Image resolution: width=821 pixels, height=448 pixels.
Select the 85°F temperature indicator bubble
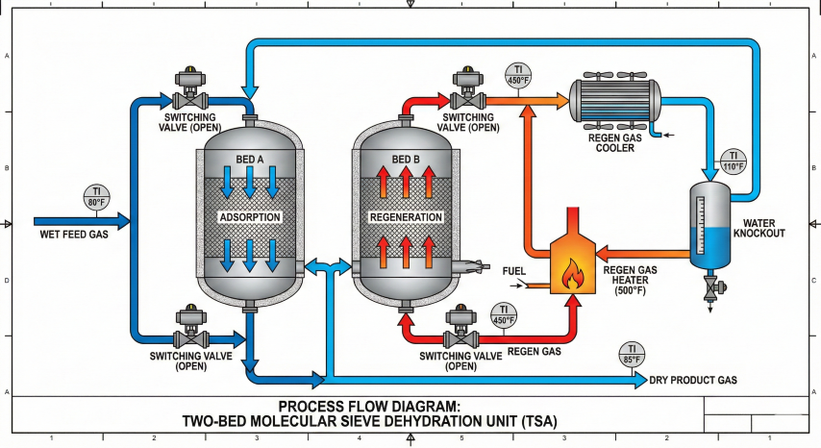(631, 355)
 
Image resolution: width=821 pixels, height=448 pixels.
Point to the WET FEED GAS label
(74, 235)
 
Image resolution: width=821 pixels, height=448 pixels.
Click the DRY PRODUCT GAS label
(693, 381)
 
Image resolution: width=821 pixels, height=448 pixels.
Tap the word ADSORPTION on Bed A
(249, 217)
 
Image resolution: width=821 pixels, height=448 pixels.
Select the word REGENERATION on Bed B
(406, 217)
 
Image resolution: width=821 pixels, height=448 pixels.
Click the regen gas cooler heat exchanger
(615, 100)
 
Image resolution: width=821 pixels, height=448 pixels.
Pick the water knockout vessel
(709, 227)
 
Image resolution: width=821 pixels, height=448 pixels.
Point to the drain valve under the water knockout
(710, 286)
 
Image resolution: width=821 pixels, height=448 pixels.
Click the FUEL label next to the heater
(514, 271)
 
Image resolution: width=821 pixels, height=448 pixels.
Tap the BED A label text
(249, 159)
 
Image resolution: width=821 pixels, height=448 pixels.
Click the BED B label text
(406, 159)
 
